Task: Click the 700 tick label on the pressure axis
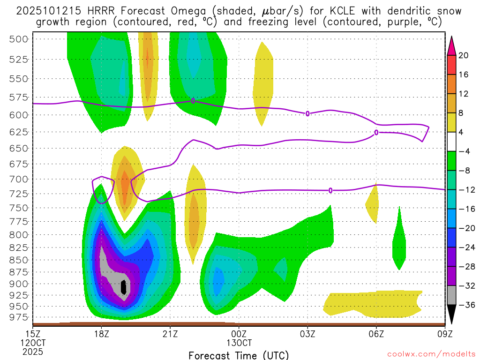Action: coord(19,179)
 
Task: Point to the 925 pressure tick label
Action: coord(19,295)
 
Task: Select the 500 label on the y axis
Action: coord(19,39)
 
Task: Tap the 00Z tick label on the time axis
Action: coord(239,334)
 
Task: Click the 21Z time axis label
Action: coord(170,334)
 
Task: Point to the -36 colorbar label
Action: coord(465,305)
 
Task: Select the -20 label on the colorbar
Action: coord(465,228)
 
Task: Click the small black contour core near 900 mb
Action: coord(123,286)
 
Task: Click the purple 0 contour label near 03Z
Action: coord(307,113)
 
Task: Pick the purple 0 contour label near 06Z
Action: coord(376,133)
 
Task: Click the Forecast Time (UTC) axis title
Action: coord(239,355)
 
